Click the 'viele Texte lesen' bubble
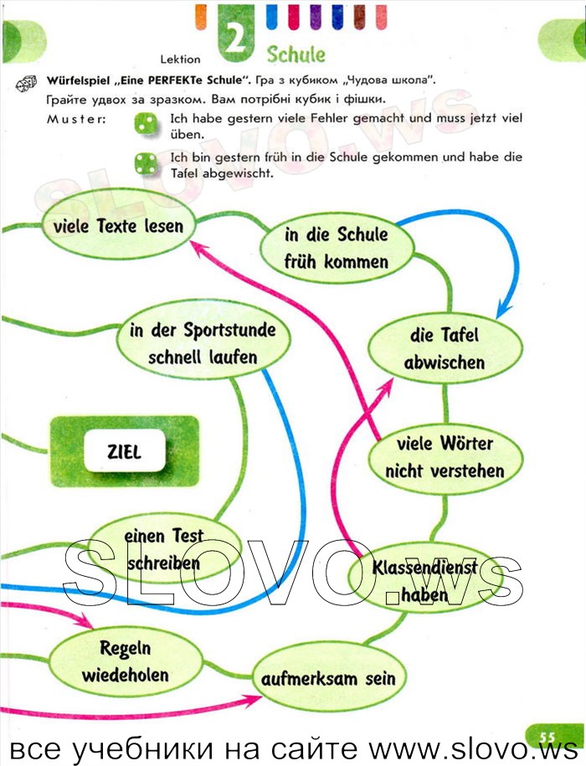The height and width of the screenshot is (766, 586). (x=118, y=227)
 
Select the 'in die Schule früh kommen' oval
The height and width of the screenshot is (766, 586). (x=337, y=248)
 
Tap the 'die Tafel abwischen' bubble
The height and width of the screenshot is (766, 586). (x=445, y=348)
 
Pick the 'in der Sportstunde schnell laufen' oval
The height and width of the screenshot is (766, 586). (x=203, y=343)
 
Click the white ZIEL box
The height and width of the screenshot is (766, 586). (x=124, y=451)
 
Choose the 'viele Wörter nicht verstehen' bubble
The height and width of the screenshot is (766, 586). (x=445, y=457)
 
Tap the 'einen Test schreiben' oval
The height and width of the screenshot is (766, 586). (x=163, y=549)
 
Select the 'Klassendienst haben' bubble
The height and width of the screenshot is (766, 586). (x=424, y=579)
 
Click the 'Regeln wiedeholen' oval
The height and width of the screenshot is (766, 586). (x=126, y=661)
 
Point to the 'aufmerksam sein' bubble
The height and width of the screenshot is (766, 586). (x=329, y=679)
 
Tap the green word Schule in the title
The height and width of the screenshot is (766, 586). (x=296, y=54)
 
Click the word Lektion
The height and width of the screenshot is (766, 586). (x=180, y=59)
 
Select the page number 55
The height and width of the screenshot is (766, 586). (x=547, y=737)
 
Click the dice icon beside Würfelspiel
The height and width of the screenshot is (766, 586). (x=27, y=84)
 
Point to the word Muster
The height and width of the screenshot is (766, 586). (x=76, y=119)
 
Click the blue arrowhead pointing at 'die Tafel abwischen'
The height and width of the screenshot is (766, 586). (x=503, y=310)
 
